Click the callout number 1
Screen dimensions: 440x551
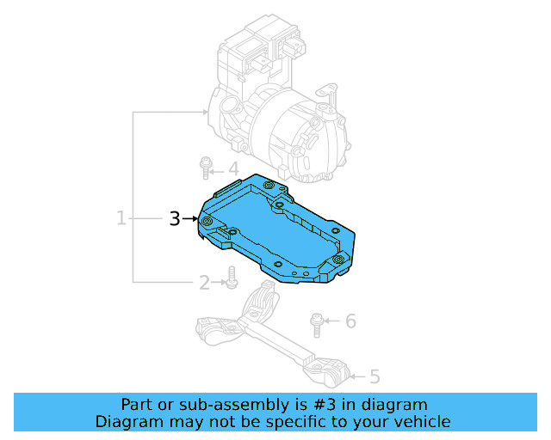pos(121,218)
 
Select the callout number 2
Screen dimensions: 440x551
pos(204,282)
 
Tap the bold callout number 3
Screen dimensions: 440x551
pos(174,219)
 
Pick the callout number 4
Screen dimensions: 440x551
pos(232,169)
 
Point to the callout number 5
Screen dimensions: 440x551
pos(375,376)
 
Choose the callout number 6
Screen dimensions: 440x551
pos(350,321)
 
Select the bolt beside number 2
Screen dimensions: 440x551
pos(231,278)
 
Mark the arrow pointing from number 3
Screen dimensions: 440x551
pos(191,219)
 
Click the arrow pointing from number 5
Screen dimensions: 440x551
pos(357,376)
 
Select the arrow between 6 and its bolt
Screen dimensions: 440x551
pos(334,321)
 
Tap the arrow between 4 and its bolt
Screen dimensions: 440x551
pos(219,169)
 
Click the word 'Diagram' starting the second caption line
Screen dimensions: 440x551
pos(127,422)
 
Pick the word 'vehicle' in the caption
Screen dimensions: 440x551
pos(422,422)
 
